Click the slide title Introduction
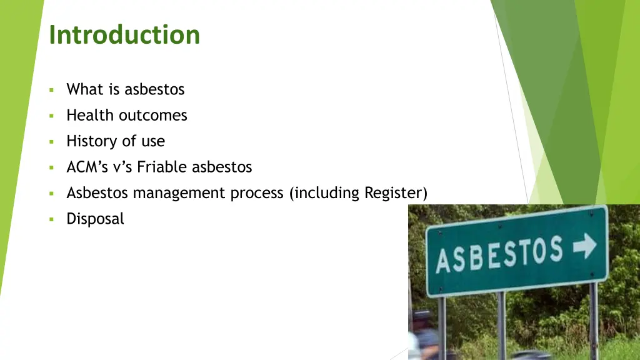point(124,35)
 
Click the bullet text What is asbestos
point(125,89)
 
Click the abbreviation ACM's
point(86,167)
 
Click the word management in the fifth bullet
point(179,194)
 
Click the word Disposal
point(95,219)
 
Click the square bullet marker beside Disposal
point(52,219)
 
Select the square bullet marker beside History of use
point(52,142)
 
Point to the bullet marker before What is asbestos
point(52,90)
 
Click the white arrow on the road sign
point(584,247)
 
